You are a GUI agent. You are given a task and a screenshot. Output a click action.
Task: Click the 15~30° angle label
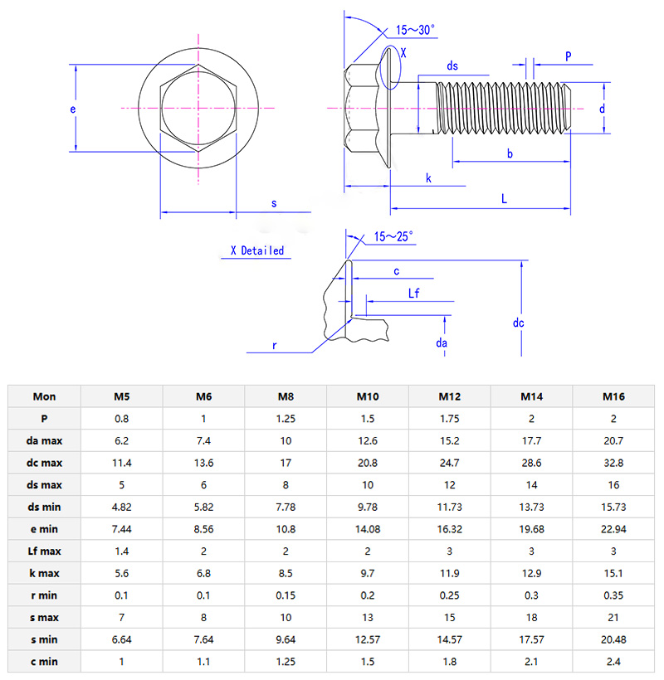[x=415, y=30]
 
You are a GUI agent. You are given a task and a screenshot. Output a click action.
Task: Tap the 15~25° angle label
[x=393, y=236]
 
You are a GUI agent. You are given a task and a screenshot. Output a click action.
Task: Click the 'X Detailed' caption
[x=256, y=250]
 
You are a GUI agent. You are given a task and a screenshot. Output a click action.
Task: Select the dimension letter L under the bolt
[x=504, y=197]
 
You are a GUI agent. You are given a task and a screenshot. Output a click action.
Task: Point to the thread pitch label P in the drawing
[x=569, y=56]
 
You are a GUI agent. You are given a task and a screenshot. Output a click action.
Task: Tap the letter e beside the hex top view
[x=73, y=109]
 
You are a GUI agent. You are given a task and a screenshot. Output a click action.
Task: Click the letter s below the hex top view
[x=274, y=202]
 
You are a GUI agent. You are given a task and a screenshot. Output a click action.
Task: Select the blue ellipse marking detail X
[x=389, y=68]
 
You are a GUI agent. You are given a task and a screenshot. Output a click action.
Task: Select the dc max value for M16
[x=613, y=463]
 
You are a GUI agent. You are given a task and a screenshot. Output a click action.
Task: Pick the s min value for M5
[x=121, y=639]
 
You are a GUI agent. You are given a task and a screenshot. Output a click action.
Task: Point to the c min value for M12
[x=449, y=661]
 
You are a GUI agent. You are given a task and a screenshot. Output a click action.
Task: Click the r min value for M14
[x=530, y=595]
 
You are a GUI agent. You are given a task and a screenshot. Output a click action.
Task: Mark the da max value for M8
[x=286, y=440]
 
